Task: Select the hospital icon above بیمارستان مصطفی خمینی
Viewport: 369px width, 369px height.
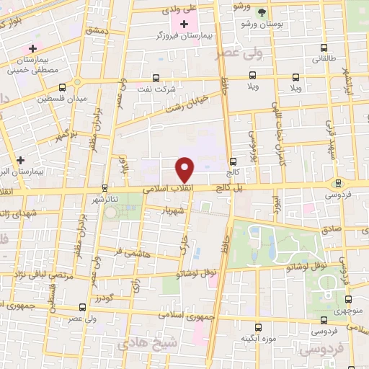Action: click(x=32, y=48)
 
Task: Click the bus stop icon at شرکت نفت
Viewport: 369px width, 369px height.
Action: click(x=156, y=79)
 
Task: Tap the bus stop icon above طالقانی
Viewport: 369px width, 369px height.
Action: click(x=323, y=50)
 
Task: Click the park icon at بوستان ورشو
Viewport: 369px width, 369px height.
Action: click(x=262, y=12)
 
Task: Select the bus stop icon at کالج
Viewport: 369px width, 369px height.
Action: click(x=232, y=161)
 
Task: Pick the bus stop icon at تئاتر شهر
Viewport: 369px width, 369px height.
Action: click(x=105, y=188)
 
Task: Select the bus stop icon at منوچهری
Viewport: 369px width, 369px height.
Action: click(x=349, y=301)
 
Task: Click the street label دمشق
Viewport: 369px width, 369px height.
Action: click(x=96, y=31)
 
